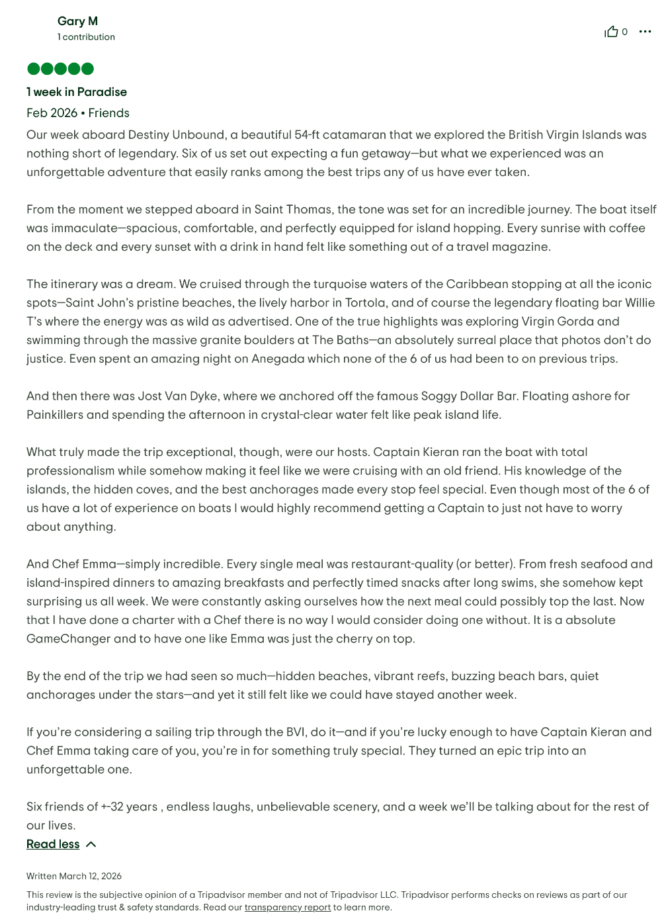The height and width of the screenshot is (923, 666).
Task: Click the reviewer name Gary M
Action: (77, 21)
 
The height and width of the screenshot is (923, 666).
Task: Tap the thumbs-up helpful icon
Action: (611, 32)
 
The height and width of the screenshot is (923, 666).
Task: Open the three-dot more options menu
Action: (645, 32)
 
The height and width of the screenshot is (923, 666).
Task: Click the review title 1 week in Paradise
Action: (77, 92)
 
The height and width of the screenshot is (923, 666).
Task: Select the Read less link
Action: (53, 844)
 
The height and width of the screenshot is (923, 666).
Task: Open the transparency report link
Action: (287, 907)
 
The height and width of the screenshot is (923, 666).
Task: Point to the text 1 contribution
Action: (86, 37)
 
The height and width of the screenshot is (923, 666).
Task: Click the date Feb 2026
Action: (52, 113)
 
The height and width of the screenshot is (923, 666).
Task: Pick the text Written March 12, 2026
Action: (74, 876)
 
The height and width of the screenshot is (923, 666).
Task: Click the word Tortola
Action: (364, 303)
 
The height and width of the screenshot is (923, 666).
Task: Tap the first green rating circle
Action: (33, 69)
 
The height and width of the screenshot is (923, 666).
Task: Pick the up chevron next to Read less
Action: (91, 844)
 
